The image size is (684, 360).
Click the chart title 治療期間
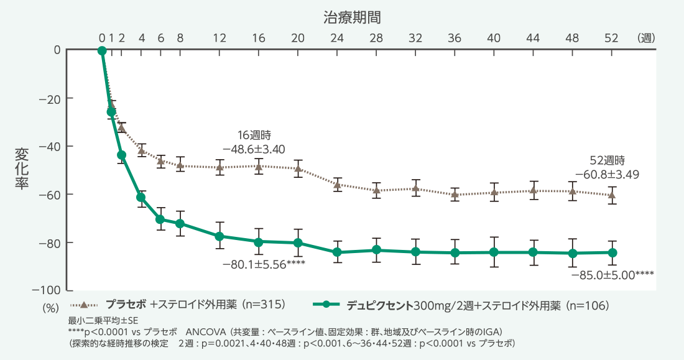[352, 17]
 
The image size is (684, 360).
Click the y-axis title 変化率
[22, 169]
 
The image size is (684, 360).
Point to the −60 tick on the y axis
[50, 195]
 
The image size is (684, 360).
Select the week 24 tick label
[337, 38]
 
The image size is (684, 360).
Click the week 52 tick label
[611, 38]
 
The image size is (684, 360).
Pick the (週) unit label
[646, 38]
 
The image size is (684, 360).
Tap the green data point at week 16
[259, 241]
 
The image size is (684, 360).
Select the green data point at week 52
[612, 252]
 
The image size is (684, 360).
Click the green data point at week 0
[102, 50]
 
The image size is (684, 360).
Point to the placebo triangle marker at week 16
[259, 166]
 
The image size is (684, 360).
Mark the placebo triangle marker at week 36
[455, 194]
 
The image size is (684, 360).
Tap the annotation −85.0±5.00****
[612, 274]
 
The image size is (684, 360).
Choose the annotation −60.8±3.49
[607, 174]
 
